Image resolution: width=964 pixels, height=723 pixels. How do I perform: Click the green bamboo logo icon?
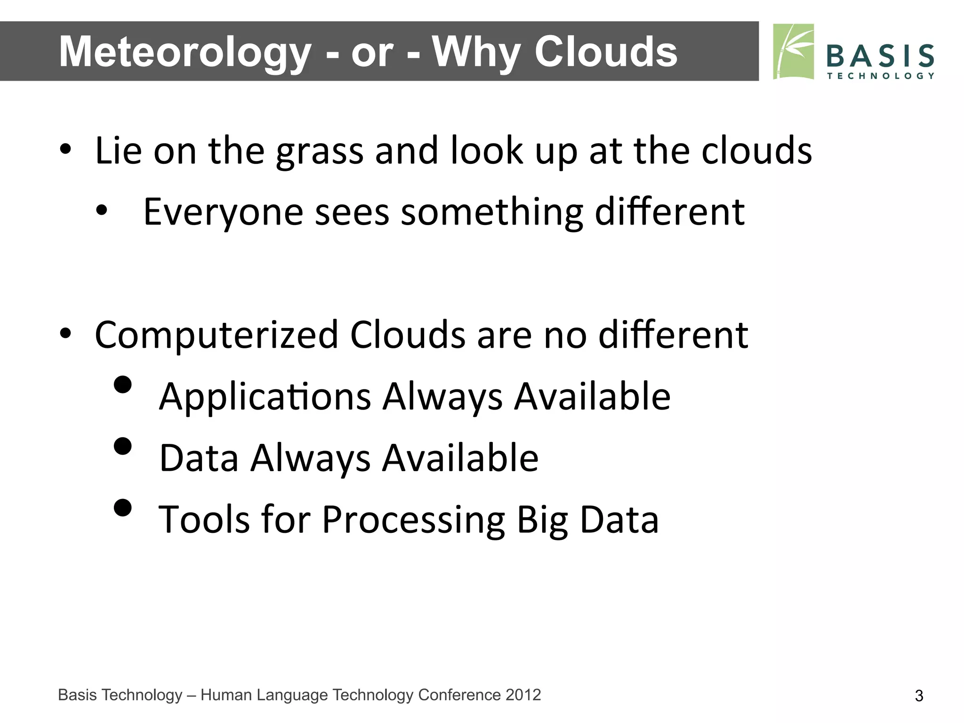794,52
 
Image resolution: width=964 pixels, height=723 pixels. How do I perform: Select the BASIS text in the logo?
880,56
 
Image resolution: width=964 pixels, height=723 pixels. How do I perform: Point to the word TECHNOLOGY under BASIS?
880,76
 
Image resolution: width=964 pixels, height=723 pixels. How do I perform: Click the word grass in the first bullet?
320,152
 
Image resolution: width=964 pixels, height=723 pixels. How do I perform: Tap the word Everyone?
223,212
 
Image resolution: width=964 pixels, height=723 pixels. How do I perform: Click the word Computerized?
217,335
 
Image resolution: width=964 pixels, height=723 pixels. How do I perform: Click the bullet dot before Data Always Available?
123,446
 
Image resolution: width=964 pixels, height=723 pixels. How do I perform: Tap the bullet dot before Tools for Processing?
123,507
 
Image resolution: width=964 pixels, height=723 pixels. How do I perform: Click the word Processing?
413,520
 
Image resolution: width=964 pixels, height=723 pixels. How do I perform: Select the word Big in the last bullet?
542,520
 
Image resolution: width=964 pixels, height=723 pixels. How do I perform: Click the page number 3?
919,696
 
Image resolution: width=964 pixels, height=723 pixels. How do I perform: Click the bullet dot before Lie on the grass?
65,150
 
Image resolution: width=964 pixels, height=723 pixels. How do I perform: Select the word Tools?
204,519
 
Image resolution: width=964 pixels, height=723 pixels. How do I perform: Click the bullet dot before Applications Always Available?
123,384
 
